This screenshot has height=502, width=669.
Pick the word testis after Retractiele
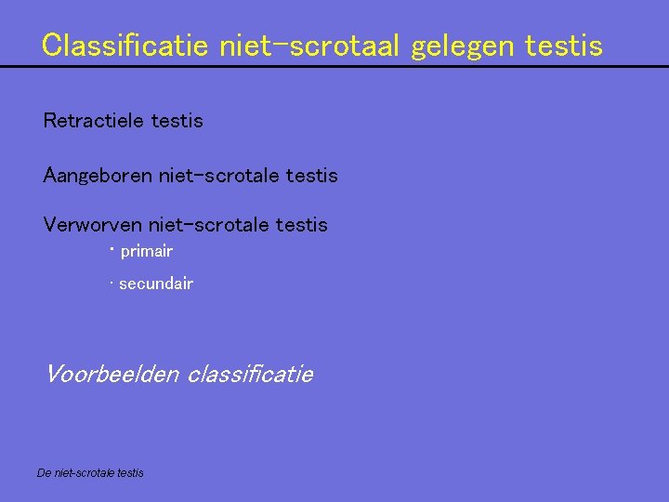click(x=177, y=121)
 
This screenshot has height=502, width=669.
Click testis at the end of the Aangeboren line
click(x=312, y=175)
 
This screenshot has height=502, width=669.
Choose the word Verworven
click(x=92, y=225)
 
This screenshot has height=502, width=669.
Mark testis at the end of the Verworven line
click(x=302, y=225)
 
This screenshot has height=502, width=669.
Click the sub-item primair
click(x=147, y=251)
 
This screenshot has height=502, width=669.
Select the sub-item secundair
click(x=156, y=284)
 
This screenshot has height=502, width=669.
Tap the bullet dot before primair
click(x=111, y=249)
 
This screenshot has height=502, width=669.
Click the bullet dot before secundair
click(x=111, y=284)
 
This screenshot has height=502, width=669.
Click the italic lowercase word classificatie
click(x=250, y=375)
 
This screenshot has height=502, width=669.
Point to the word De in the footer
click(x=44, y=473)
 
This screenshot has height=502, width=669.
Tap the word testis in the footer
click(x=131, y=473)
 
